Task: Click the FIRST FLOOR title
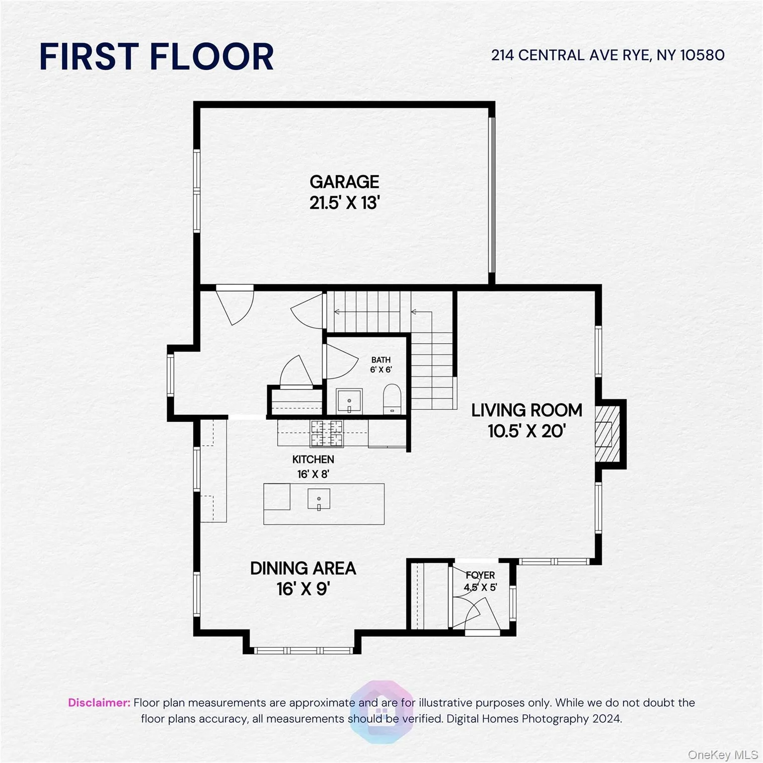(x=156, y=56)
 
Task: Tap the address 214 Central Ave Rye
(x=608, y=55)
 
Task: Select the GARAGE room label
(x=344, y=182)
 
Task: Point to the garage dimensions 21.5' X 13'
(x=344, y=203)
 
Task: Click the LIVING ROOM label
(x=527, y=410)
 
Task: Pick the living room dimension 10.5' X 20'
(x=527, y=431)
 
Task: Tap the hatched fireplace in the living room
(x=608, y=433)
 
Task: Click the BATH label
(x=381, y=360)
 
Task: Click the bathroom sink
(x=349, y=401)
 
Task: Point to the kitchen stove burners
(x=326, y=433)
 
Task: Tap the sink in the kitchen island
(x=318, y=499)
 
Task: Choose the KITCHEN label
(x=313, y=459)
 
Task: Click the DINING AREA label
(x=303, y=568)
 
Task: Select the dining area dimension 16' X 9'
(x=303, y=589)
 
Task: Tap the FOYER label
(x=480, y=575)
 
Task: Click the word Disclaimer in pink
(x=99, y=703)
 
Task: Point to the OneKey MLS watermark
(x=722, y=755)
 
